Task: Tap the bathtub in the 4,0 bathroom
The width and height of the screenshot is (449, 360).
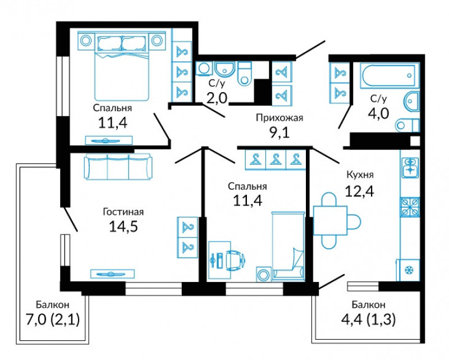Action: point(388,75)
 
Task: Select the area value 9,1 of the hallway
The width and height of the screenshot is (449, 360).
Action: point(280,133)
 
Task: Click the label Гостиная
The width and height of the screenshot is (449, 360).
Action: point(123,212)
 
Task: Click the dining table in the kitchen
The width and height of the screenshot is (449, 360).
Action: point(330,220)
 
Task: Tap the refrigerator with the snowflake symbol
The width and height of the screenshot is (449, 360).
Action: point(408,270)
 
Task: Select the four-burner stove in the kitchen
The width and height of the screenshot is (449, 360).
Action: point(410,207)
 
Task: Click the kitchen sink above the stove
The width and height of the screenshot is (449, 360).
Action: point(410,168)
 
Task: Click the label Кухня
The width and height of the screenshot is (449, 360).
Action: point(360,175)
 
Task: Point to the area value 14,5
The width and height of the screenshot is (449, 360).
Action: point(123,226)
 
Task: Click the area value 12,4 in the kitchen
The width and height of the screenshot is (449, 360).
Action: point(359,191)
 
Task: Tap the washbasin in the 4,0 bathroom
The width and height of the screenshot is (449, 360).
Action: point(411,102)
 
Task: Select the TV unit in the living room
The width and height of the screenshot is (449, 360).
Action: point(112,274)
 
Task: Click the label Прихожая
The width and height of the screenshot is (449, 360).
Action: point(279,118)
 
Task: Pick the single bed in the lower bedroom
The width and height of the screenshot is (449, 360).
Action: point(288,246)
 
